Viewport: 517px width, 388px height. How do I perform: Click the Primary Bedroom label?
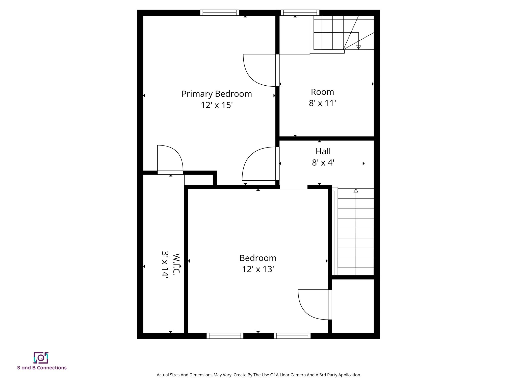[x=217, y=94]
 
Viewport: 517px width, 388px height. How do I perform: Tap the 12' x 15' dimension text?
[x=217, y=105]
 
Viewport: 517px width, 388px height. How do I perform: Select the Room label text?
[x=322, y=92]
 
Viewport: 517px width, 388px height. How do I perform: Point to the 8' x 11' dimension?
[x=322, y=103]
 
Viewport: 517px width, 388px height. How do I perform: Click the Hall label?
[x=323, y=152]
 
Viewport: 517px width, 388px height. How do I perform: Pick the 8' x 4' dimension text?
[x=323, y=163]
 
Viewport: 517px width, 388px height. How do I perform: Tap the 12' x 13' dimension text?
[x=258, y=269]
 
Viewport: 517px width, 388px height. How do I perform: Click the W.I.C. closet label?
[x=176, y=264]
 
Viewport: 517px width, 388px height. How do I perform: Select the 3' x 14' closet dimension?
[x=165, y=264]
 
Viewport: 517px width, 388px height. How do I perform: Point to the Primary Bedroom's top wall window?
[x=219, y=13]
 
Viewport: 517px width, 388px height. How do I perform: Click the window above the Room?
[x=300, y=13]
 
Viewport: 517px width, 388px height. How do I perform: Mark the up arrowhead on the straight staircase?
[x=356, y=191]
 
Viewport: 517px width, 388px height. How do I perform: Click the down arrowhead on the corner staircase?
[x=358, y=47]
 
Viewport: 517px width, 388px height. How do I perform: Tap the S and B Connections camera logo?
[x=41, y=358]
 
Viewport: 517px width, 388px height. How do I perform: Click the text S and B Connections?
[x=42, y=368]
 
